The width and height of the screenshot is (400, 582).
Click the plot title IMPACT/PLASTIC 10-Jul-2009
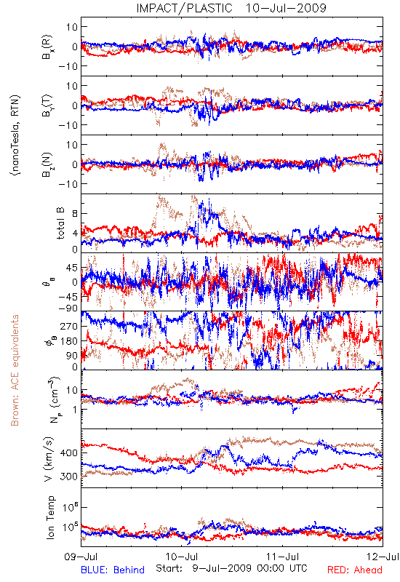click(231, 8)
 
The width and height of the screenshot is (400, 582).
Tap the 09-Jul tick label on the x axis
click(81, 557)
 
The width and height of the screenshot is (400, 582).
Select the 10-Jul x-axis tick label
click(181, 557)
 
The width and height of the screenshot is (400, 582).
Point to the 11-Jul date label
click(282, 557)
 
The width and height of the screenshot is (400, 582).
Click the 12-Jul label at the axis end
click(383, 557)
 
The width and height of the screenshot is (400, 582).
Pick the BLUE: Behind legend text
click(113, 570)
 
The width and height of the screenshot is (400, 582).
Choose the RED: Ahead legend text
click(355, 570)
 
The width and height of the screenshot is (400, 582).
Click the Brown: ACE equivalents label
click(15, 370)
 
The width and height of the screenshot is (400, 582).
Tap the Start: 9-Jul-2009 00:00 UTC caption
click(231, 568)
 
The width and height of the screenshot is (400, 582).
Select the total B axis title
click(60, 223)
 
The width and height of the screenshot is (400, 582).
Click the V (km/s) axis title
click(48, 459)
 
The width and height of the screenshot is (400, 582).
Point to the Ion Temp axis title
click(50, 517)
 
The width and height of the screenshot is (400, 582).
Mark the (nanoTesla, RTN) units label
click(15, 135)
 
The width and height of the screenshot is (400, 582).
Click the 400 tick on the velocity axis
click(69, 453)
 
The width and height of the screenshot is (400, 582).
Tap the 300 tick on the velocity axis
click(69, 477)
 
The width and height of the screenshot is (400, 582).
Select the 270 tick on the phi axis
click(69, 326)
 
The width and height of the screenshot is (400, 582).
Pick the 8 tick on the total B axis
click(75, 213)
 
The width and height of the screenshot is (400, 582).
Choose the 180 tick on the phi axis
click(69, 340)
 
